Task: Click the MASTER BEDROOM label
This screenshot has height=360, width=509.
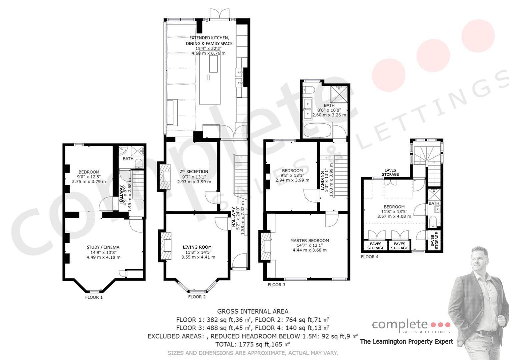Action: (x=309, y=240)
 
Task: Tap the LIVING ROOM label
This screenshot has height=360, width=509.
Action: (x=197, y=247)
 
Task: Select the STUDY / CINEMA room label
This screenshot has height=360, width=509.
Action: (x=103, y=247)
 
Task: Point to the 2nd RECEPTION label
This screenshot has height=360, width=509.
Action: (x=194, y=171)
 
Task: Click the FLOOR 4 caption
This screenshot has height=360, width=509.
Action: (x=370, y=257)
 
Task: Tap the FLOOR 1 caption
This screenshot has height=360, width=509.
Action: (x=94, y=297)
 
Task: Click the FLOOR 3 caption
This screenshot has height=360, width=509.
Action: (x=276, y=285)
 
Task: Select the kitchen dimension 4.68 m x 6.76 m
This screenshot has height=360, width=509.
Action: (x=208, y=53)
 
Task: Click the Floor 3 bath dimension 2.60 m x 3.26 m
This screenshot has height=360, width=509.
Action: (x=329, y=115)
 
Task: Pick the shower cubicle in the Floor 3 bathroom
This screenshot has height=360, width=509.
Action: (x=339, y=94)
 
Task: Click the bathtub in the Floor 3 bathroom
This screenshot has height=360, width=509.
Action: (x=318, y=130)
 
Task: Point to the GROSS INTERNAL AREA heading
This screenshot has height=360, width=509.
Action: (x=253, y=311)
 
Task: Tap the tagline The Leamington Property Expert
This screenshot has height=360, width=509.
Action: (x=407, y=342)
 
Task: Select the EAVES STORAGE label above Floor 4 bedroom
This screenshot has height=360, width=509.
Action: (x=390, y=172)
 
